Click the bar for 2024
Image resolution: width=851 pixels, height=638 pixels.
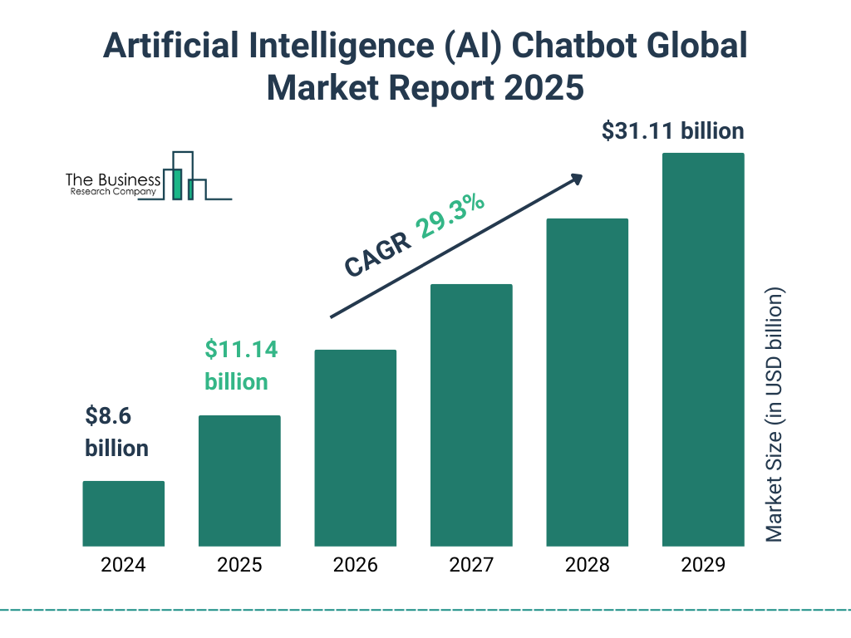coord(123,513)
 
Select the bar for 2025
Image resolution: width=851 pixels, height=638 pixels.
coord(239,481)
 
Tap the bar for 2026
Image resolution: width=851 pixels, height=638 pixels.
coord(356,448)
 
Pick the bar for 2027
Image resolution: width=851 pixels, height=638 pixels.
coord(471,415)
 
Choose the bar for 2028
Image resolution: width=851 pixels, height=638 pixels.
coord(587,382)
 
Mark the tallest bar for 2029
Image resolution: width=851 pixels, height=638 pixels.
coord(703,350)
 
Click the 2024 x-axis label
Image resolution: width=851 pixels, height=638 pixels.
coord(123,566)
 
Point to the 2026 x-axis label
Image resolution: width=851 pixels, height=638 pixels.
coord(356,566)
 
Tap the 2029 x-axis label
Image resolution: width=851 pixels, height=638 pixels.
coord(703,566)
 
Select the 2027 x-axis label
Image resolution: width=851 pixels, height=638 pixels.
coord(471,566)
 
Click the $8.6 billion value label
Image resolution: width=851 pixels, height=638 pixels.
coord(116,432)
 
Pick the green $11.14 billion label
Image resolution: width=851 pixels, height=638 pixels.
coord(240,366)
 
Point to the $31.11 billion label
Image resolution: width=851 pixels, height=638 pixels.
coord(672,131)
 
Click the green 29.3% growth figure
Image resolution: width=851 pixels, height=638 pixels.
coord(450,218)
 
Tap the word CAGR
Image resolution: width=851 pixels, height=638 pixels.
coord(377,254)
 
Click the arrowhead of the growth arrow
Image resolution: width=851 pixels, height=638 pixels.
coord(576,179)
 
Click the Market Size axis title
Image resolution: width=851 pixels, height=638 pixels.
coord(774,415)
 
